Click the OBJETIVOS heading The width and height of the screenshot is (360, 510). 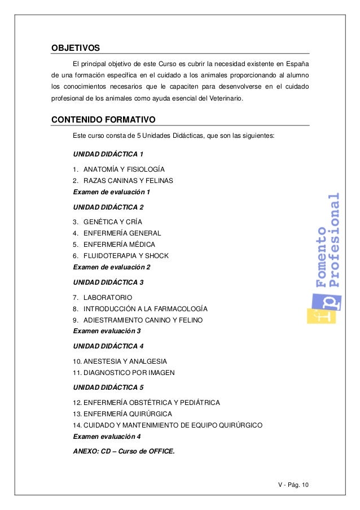point(76,46)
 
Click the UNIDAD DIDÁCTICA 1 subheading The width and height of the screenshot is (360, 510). point(108,154)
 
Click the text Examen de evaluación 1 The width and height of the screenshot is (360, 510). point(112,192)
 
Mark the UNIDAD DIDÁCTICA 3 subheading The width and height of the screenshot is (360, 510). point(108,282)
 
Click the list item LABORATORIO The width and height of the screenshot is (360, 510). point(107,298)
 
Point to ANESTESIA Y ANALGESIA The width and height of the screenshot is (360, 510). point(120,361)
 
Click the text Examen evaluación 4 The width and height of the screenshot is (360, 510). point(107,437)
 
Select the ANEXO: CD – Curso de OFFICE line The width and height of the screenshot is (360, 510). point(124,451)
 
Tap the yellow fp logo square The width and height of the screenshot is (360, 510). point(321,308)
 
